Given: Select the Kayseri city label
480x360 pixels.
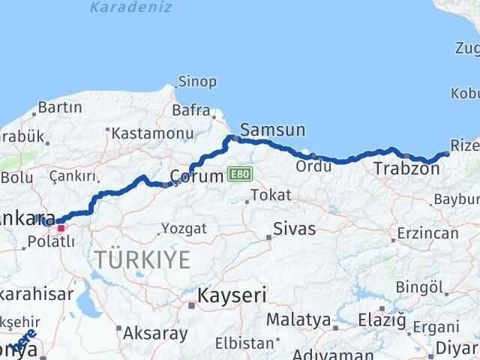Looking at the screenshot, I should click(x=232, y=295).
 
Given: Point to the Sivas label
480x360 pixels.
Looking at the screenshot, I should click(x=294, y=228).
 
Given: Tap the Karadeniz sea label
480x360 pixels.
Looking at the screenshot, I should click(x=130, y=7).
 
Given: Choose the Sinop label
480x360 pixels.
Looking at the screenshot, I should click(x=197, y=82).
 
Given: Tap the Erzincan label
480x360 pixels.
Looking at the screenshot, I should click(x=428, y=233).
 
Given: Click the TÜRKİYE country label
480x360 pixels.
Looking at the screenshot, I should click(x=143, y=260).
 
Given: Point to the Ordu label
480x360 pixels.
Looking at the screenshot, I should click(x=313, y=166).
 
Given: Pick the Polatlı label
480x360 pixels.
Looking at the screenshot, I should click(x=50, y=241).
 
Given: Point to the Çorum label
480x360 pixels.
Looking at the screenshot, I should click(x=197, y=176).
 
